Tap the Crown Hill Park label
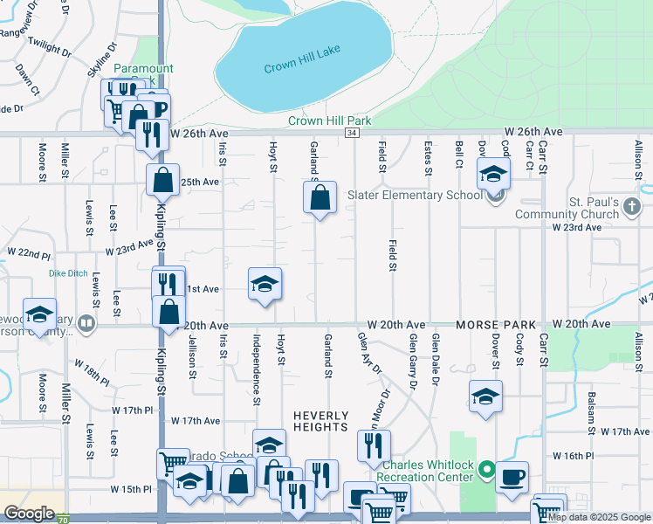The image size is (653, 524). pos(331,121)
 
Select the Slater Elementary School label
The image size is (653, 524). pos(416,195)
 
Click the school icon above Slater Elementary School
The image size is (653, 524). pos(493,174)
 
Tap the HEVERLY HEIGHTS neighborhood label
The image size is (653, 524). pos(321,421)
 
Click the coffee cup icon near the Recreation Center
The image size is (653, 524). pos(512,478)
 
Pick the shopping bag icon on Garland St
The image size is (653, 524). pos(320,197)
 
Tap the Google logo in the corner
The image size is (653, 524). pos(29,514)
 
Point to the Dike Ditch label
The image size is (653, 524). pos(68,273)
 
